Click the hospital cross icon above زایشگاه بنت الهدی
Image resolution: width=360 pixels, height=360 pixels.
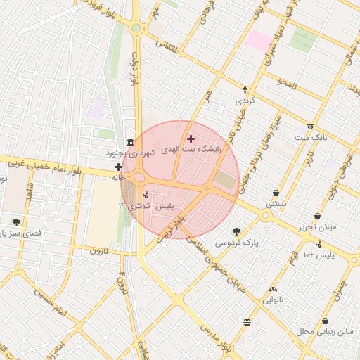tap(191, 139)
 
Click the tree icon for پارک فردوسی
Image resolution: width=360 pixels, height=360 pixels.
tap(236, 231)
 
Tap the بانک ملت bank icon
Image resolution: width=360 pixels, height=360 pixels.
tap(310, 127)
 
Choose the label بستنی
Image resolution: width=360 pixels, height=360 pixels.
tap(275, 204)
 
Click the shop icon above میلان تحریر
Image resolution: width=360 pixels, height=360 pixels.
tap(319, 217)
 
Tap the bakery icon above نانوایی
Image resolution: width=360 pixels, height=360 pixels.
tap(273, 288)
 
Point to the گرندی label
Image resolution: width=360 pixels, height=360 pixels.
tap(244, 101)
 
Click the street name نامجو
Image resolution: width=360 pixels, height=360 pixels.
tap(287, 84)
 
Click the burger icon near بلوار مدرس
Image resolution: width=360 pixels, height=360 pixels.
tap(246, 322)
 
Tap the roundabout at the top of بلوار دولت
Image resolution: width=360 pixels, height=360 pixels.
tap(135, 28)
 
